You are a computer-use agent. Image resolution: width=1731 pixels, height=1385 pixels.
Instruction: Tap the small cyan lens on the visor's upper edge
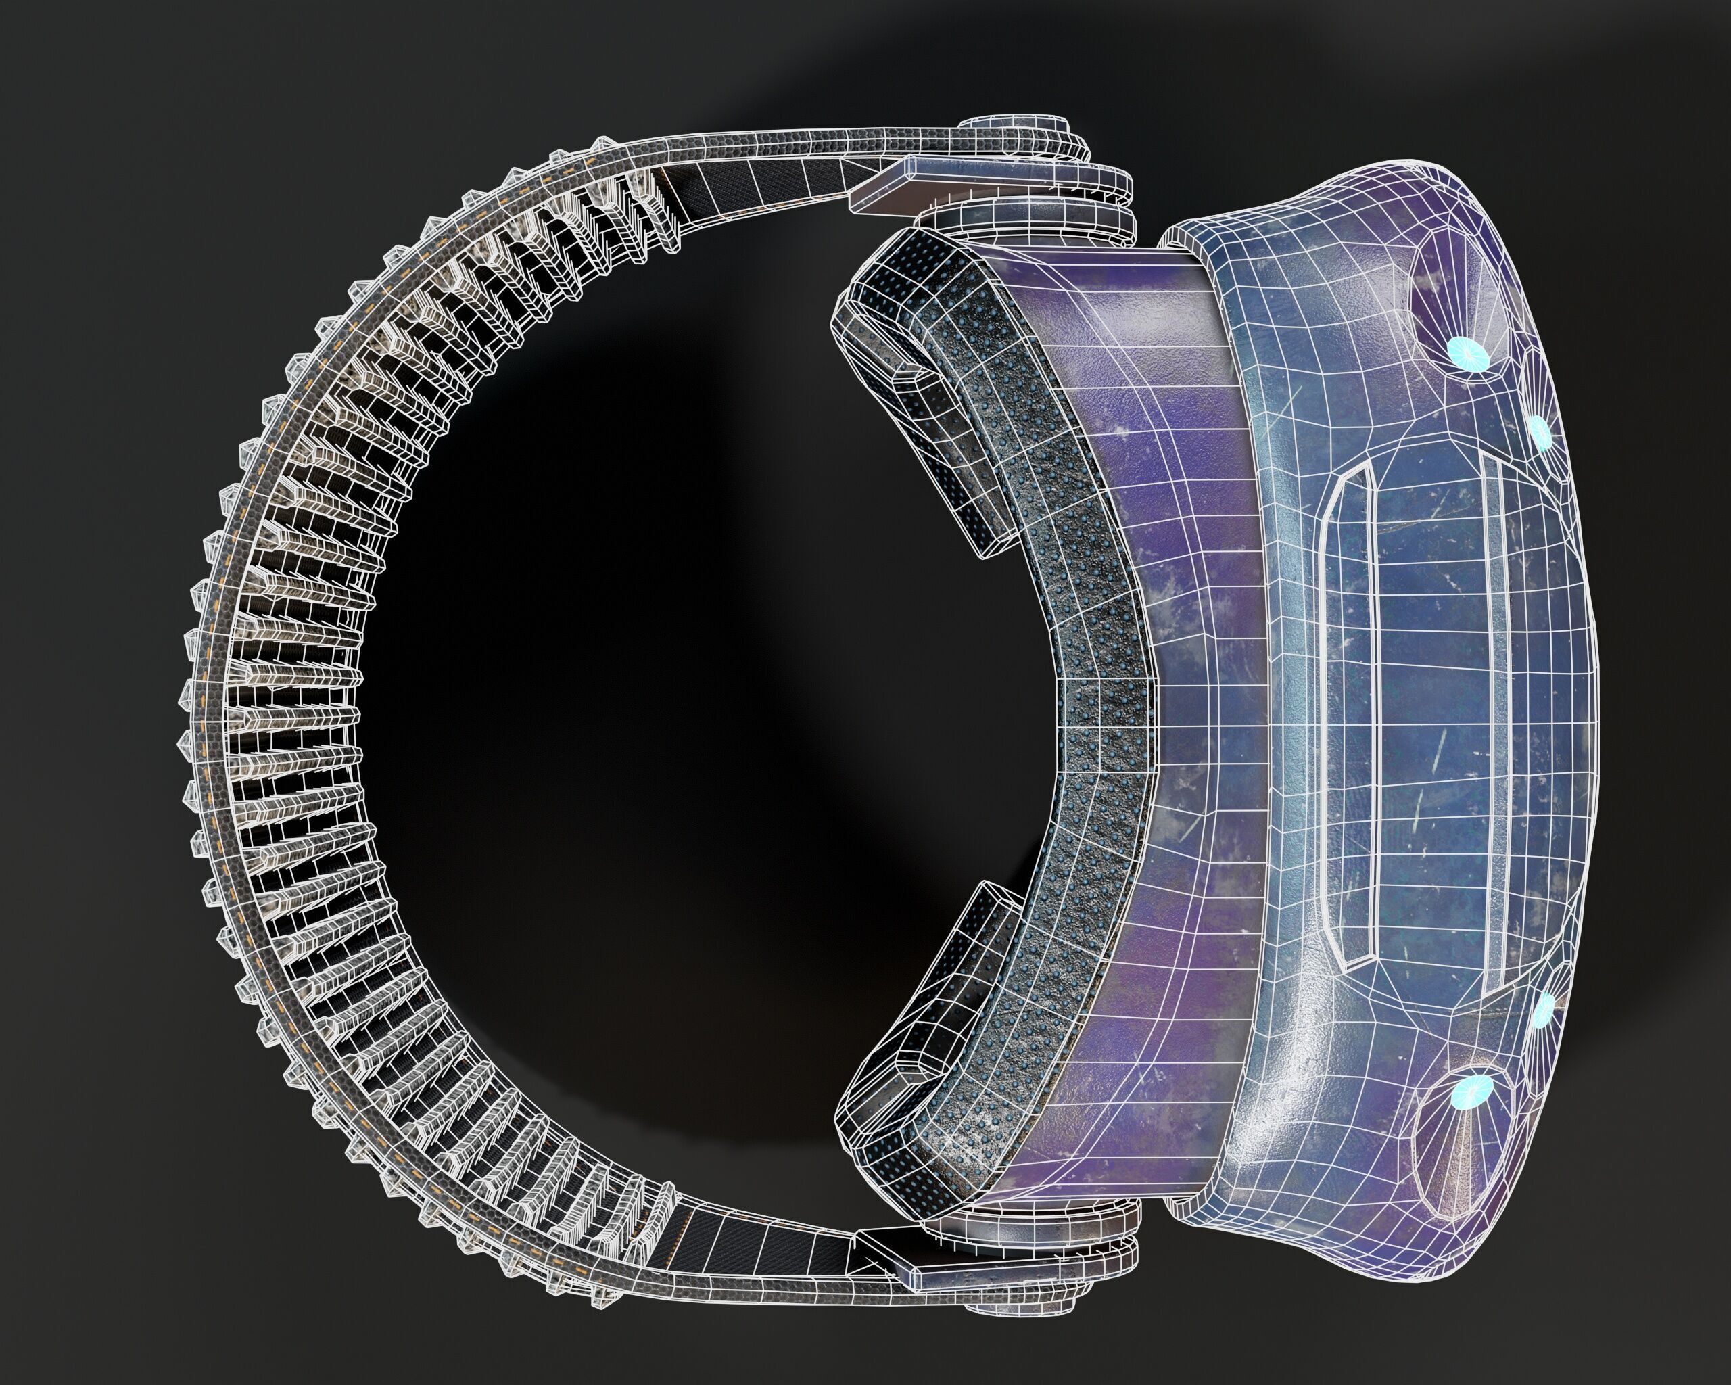1540,431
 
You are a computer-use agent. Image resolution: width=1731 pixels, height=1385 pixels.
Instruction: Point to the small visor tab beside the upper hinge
1172,237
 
